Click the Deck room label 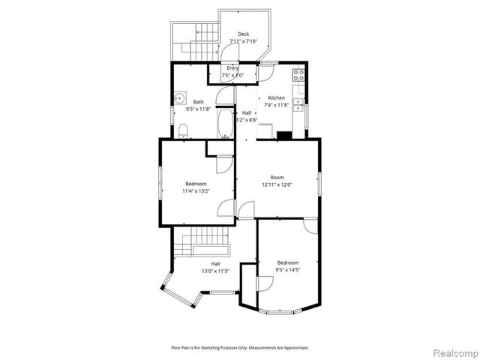[243, 34]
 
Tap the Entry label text [233, 68]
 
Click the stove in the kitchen [298, 75]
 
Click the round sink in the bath [181, 98]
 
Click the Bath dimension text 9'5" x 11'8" [199, 109]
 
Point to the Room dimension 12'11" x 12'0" [277, 184]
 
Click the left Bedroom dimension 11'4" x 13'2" [196, 190]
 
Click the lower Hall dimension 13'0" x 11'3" [215, 271]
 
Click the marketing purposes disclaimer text [240, 348]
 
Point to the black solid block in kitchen [284, 136]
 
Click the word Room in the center [277, 177]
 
